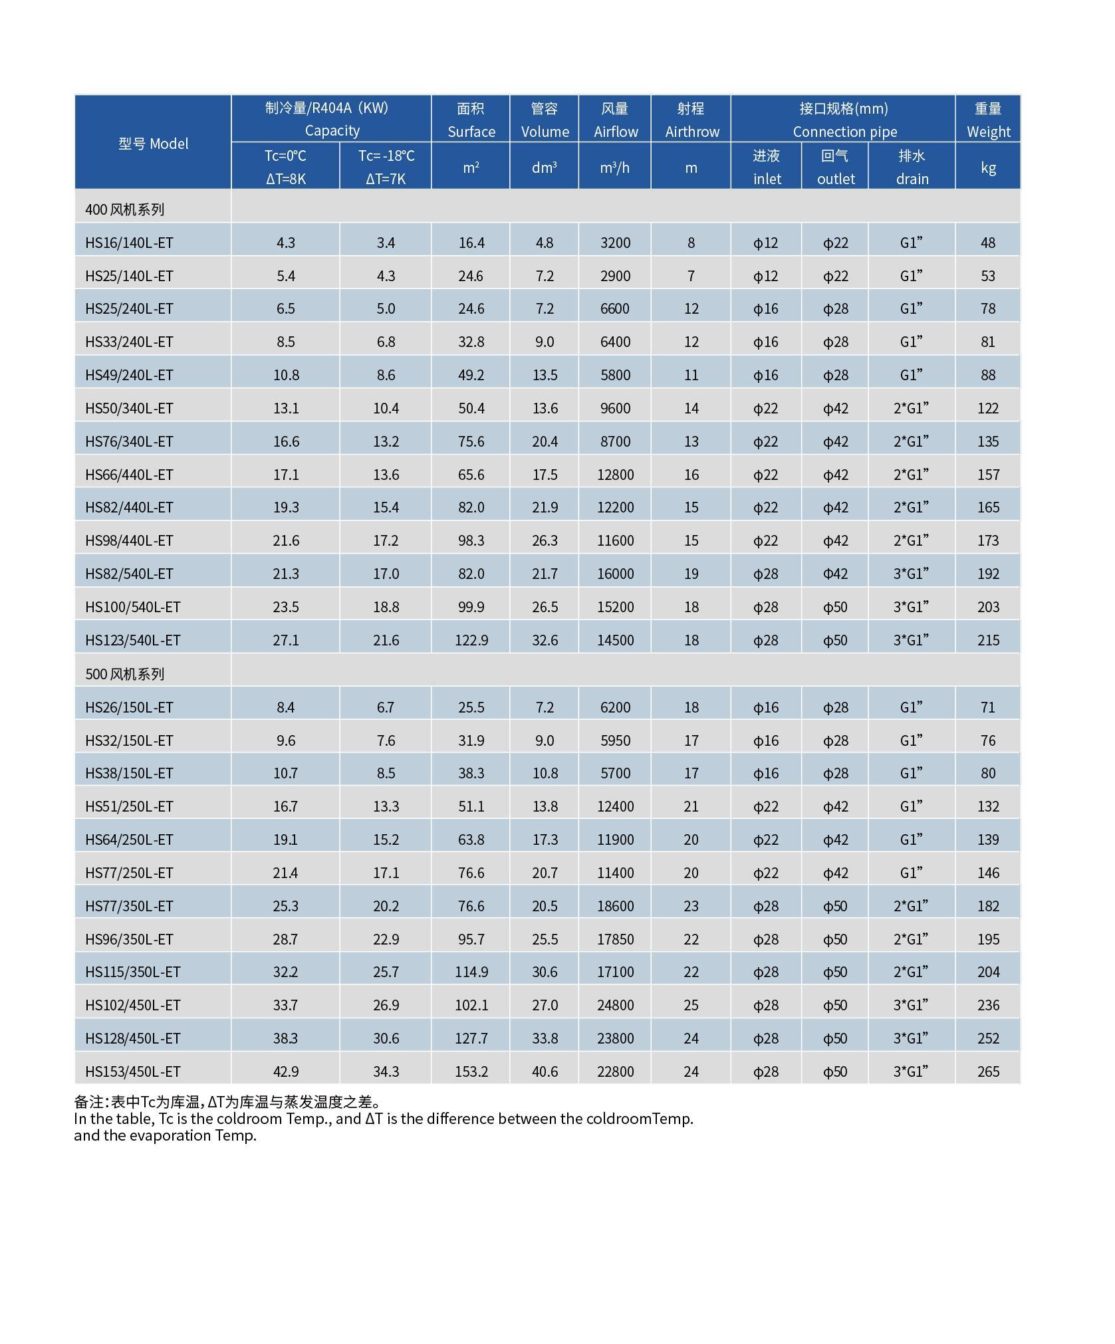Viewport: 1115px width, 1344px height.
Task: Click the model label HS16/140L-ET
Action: pos(129,243)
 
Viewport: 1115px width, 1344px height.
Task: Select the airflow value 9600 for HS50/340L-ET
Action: pos(615,408)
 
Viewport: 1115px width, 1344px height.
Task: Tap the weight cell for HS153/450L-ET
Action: pos(988,1071)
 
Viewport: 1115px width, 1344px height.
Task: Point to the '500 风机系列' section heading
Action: pos(124,674)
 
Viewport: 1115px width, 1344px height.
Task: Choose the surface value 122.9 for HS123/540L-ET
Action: pos(471,640)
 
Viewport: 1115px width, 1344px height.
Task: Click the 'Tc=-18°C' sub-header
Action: pos(386,156)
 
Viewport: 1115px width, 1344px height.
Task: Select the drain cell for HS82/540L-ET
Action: pos(911,573)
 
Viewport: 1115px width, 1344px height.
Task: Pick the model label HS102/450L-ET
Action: pos(133,1005)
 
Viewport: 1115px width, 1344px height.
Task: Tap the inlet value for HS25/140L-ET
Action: pos(765,276)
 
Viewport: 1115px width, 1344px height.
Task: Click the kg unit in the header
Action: pos(988,168)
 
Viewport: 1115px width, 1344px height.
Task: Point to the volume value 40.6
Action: pos(545,1071)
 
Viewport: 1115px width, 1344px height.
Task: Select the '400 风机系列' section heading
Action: pos(124,209)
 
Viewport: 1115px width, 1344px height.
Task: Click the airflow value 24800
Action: pos(615,1005)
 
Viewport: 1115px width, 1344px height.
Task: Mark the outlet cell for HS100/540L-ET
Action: pos(835,607)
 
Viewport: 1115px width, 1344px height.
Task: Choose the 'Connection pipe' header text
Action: pos(844,132)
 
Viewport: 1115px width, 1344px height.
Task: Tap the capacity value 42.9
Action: pos(285,1071)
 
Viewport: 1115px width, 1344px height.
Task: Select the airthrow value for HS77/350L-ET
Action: pos(691,906)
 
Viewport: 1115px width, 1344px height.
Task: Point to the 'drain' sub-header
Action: pos(912,179)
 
